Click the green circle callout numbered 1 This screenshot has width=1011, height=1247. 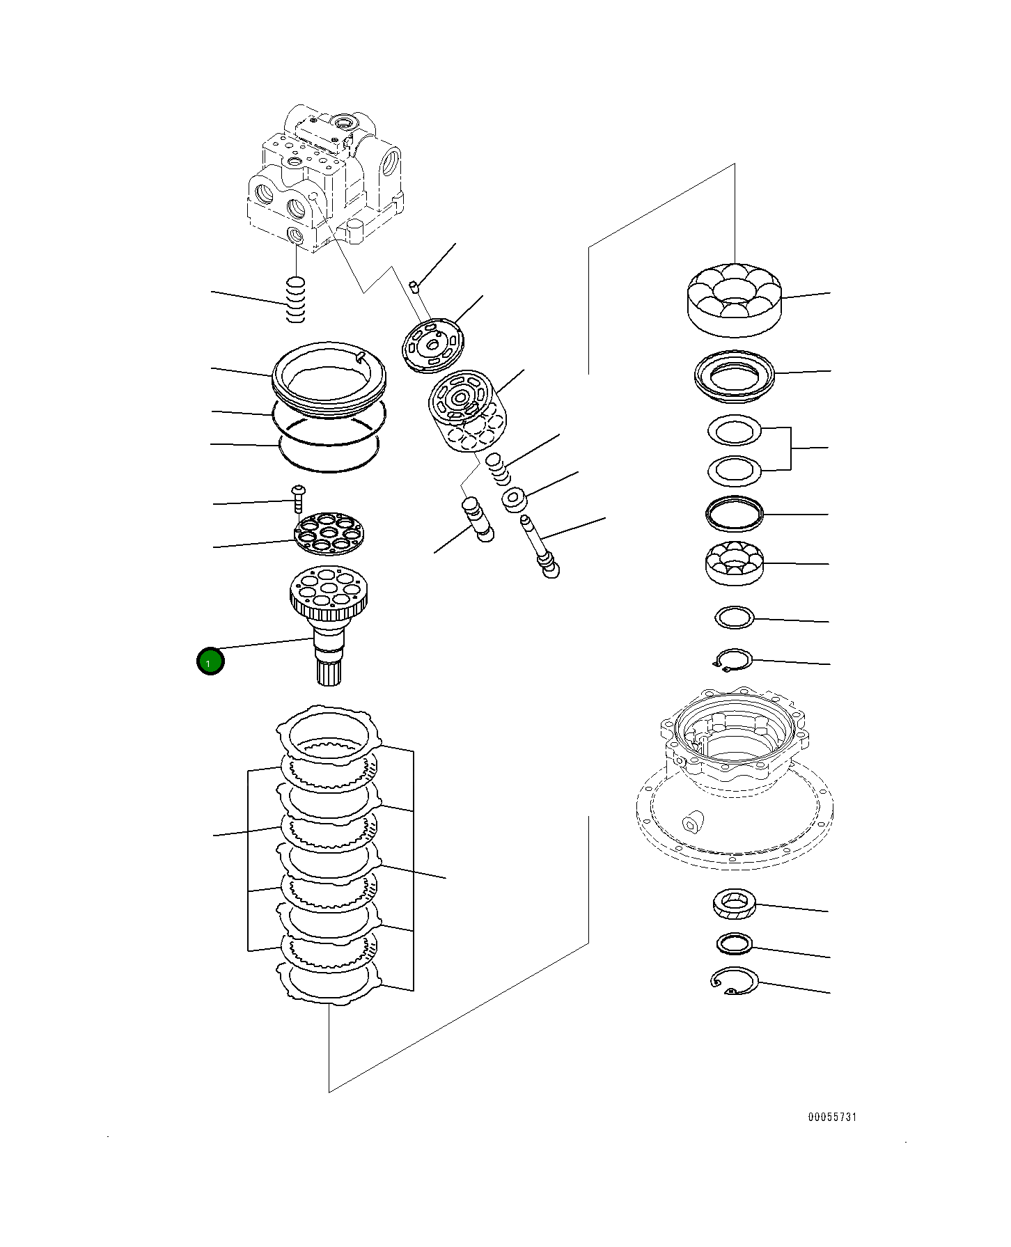tap(210, 661)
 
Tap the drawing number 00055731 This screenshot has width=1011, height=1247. tap(832, 1136)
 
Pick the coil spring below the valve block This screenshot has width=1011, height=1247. tap(296, 299)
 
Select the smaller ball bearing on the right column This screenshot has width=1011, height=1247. tap(734, 563)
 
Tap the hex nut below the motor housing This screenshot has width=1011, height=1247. tap(733, 904)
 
